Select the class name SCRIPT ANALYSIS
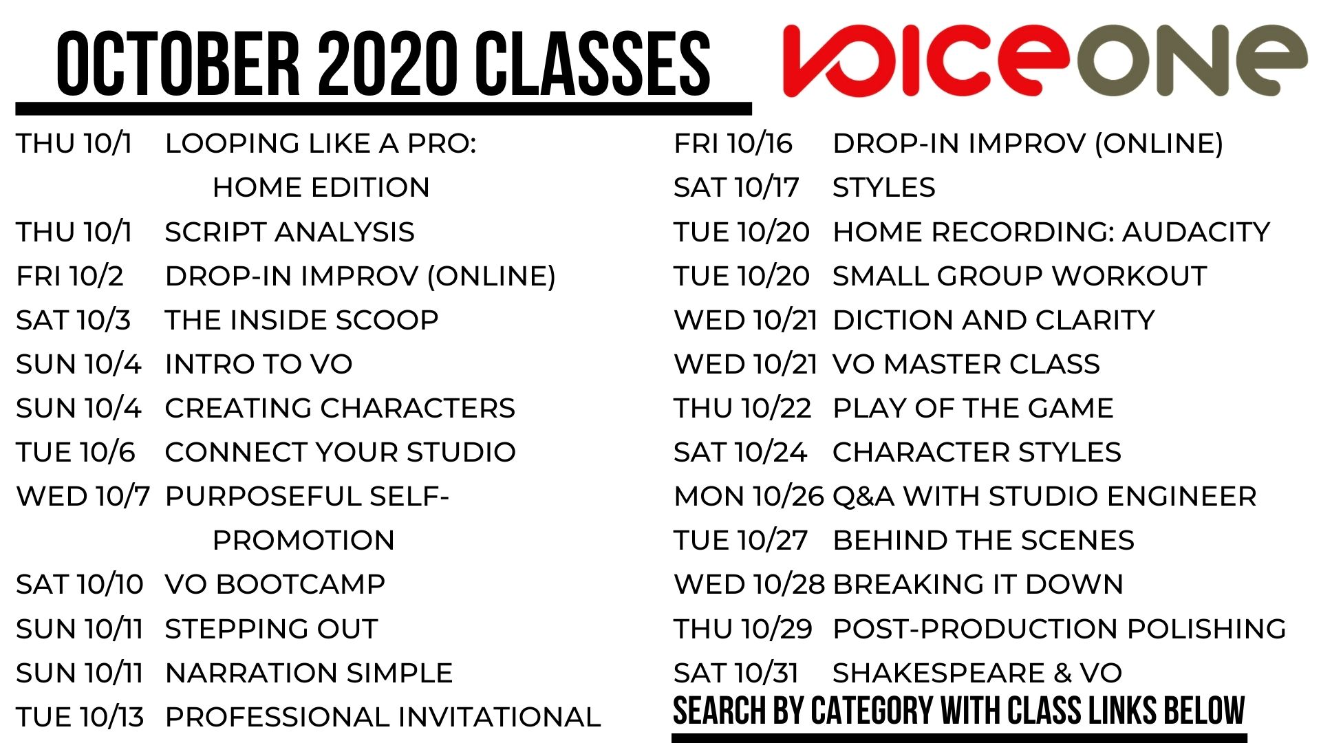tap(290, 232)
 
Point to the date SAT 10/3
tap(74, 320)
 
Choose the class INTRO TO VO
tap(259, 364)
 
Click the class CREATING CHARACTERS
tap(340, 408)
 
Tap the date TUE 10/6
tap(76, 452)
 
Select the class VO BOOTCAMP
tap(275, 584)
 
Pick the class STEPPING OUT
tap(272, 629)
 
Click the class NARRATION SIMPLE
tap(309, 673)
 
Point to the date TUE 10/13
tap(80, 717)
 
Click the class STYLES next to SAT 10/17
tap(884, 187)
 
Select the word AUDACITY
tap(1196, 232)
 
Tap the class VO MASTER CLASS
tap(966, 364)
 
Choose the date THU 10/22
tap(743, 408)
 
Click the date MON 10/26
tap(749, 496)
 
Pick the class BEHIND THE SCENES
tap(983, 540)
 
